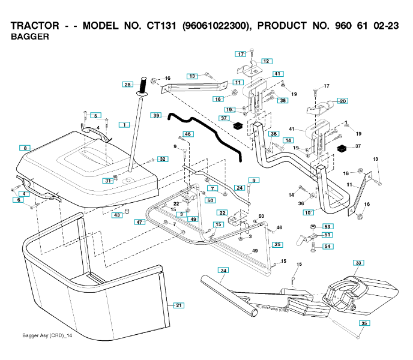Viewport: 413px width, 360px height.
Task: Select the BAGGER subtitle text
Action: (x=30, y=37)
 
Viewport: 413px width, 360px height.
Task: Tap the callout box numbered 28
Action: (x=127, y=85)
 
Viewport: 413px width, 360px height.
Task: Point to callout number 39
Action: (x=156, y=115)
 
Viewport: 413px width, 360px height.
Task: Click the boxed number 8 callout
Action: (x=24, y=148)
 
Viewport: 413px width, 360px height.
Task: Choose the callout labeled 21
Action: (x=178, y=305)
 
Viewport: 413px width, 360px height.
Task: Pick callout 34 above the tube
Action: (x=223, y=271)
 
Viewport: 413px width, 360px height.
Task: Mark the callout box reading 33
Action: (x=358, y=263)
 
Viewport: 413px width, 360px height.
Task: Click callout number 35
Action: (x=364, y=323)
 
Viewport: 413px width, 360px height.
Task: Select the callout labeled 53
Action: (x=328, y=227)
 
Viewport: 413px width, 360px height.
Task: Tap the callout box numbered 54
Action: (x=328, y=246)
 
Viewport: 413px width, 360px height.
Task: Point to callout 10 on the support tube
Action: (x=309, y=212)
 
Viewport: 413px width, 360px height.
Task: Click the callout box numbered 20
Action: (x=343, y=101)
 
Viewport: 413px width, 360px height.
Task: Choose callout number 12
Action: (x=266, y=61)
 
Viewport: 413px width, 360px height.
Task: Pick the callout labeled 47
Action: (x=139, y=222)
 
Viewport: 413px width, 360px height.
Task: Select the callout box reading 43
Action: (x=118, y=215)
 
